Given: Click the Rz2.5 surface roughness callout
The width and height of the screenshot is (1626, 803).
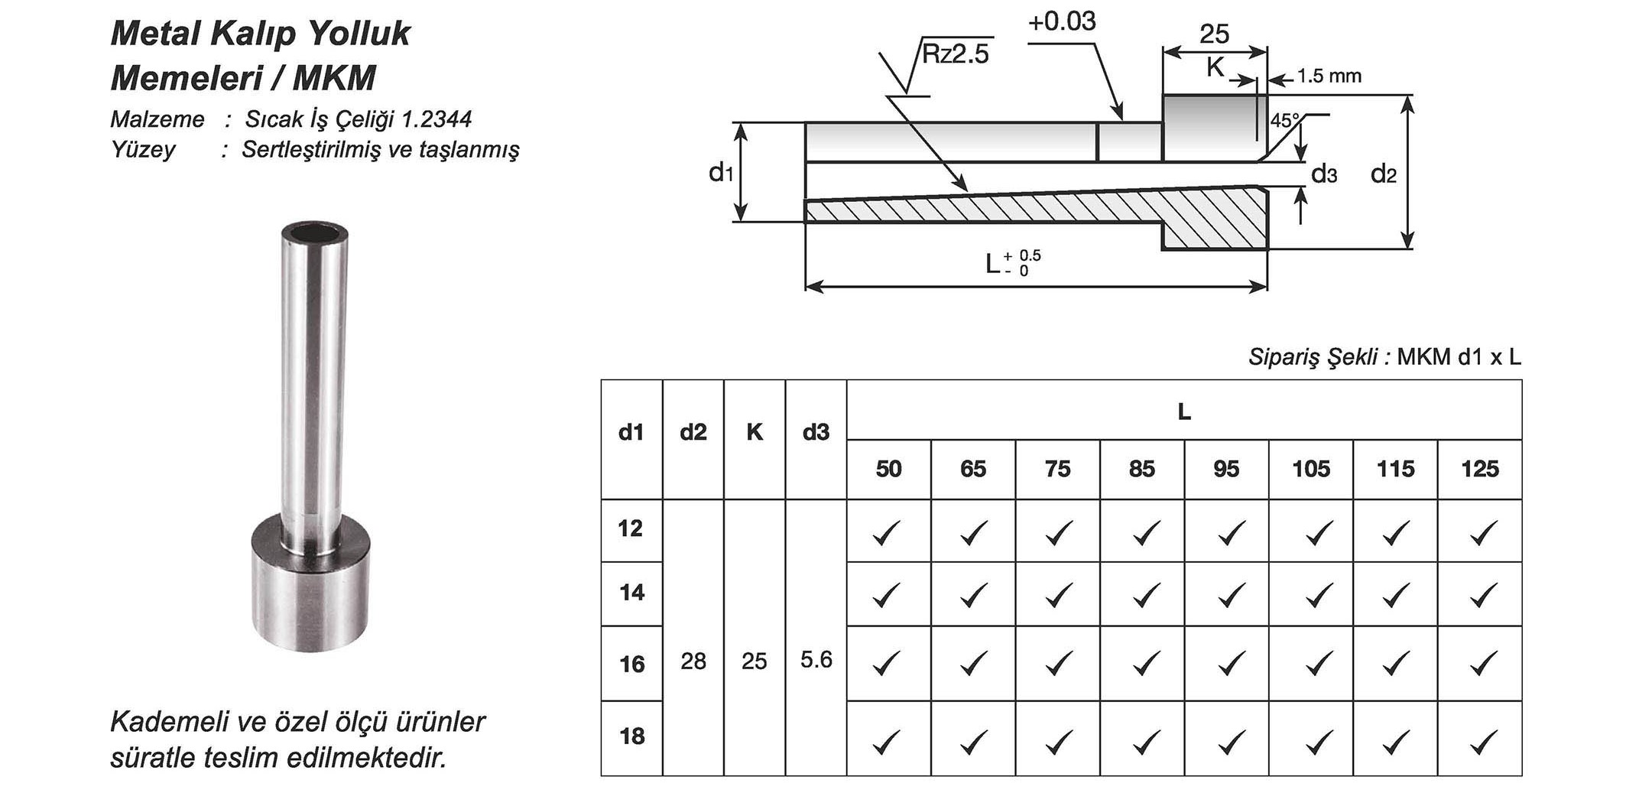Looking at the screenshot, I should pos(955,54).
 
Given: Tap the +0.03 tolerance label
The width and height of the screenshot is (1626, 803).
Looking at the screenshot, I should pos(1062,22).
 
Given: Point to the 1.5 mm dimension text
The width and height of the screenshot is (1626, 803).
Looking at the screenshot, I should pos(1329,76).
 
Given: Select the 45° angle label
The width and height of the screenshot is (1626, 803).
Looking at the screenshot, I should pos(1284,121).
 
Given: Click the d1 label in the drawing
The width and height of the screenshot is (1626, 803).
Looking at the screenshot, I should pos(720,174).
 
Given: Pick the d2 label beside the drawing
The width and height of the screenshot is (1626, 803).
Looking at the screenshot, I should pos(1383,174).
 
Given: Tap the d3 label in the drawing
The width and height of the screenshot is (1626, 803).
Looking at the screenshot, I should pos(1324,174).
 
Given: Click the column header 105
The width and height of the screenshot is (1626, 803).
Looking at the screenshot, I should pos(1310,469).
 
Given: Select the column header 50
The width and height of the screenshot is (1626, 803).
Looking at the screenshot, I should pos(888,469).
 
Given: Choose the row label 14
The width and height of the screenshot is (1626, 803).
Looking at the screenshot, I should pos(631,593).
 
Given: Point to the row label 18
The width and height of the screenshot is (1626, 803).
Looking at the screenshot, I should pos(631,736).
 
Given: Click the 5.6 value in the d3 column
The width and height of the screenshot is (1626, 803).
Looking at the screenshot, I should pos(816,660).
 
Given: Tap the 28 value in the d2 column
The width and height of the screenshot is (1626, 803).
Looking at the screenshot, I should pos(693,662).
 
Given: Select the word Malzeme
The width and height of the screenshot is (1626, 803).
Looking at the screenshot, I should pos(157,119).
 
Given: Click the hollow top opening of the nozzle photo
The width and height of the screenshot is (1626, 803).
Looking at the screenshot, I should pos(313,232).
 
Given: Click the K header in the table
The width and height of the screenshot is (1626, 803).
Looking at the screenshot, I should pos(754,433).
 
